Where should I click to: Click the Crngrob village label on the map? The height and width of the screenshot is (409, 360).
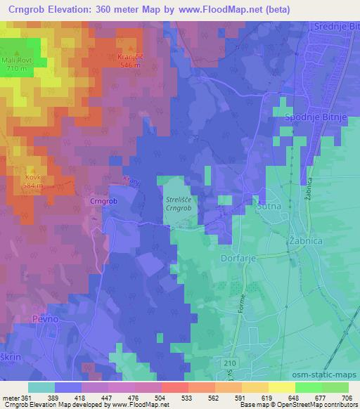pyautogui.click(x=103, y=201)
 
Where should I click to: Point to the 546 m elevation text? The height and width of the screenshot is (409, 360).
pyautogui.click(x=127, y=63)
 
